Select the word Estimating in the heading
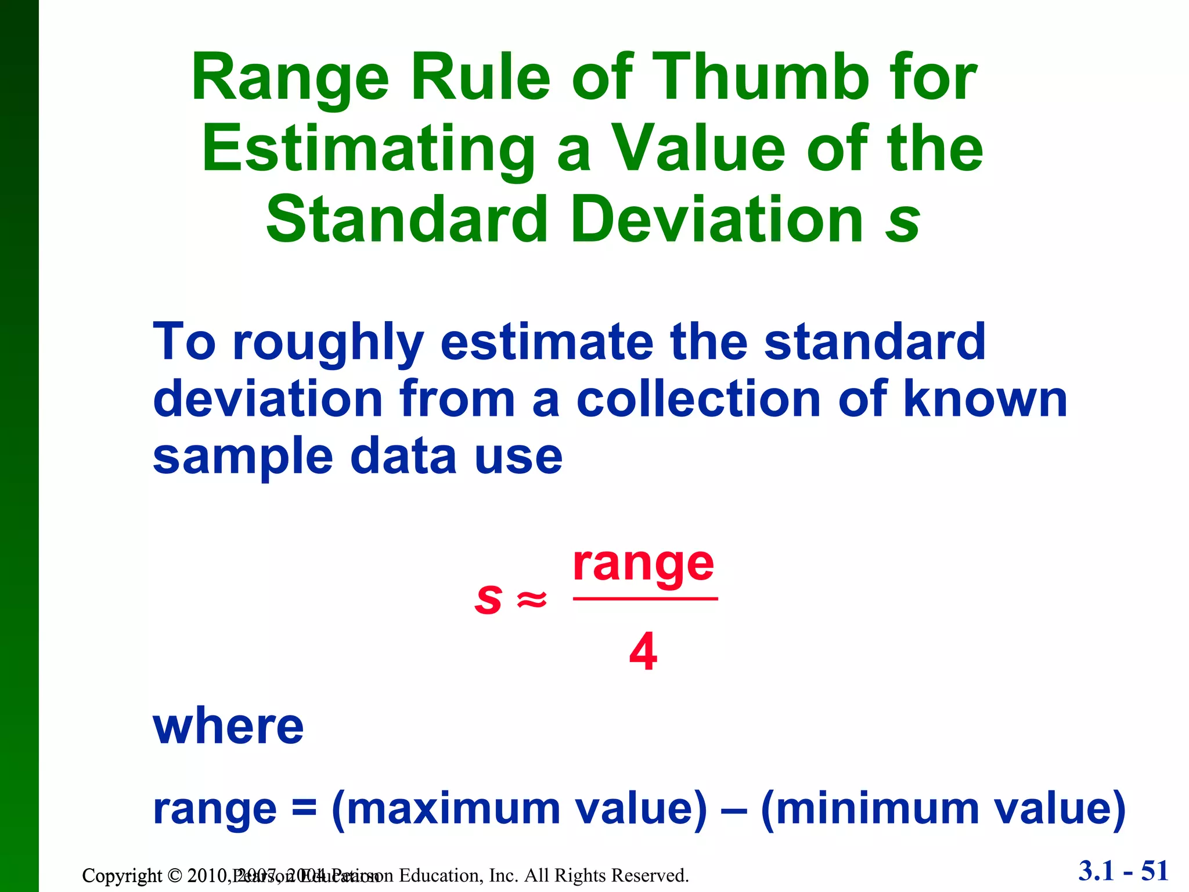coord(368,149)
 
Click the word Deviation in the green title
coord(717,220)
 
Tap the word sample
coord(243,458)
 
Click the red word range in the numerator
coord(643,564)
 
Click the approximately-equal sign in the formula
coord(532,599)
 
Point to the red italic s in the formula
coord(488,599)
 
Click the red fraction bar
coord(645,598)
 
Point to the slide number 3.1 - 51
coord(1123,871)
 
